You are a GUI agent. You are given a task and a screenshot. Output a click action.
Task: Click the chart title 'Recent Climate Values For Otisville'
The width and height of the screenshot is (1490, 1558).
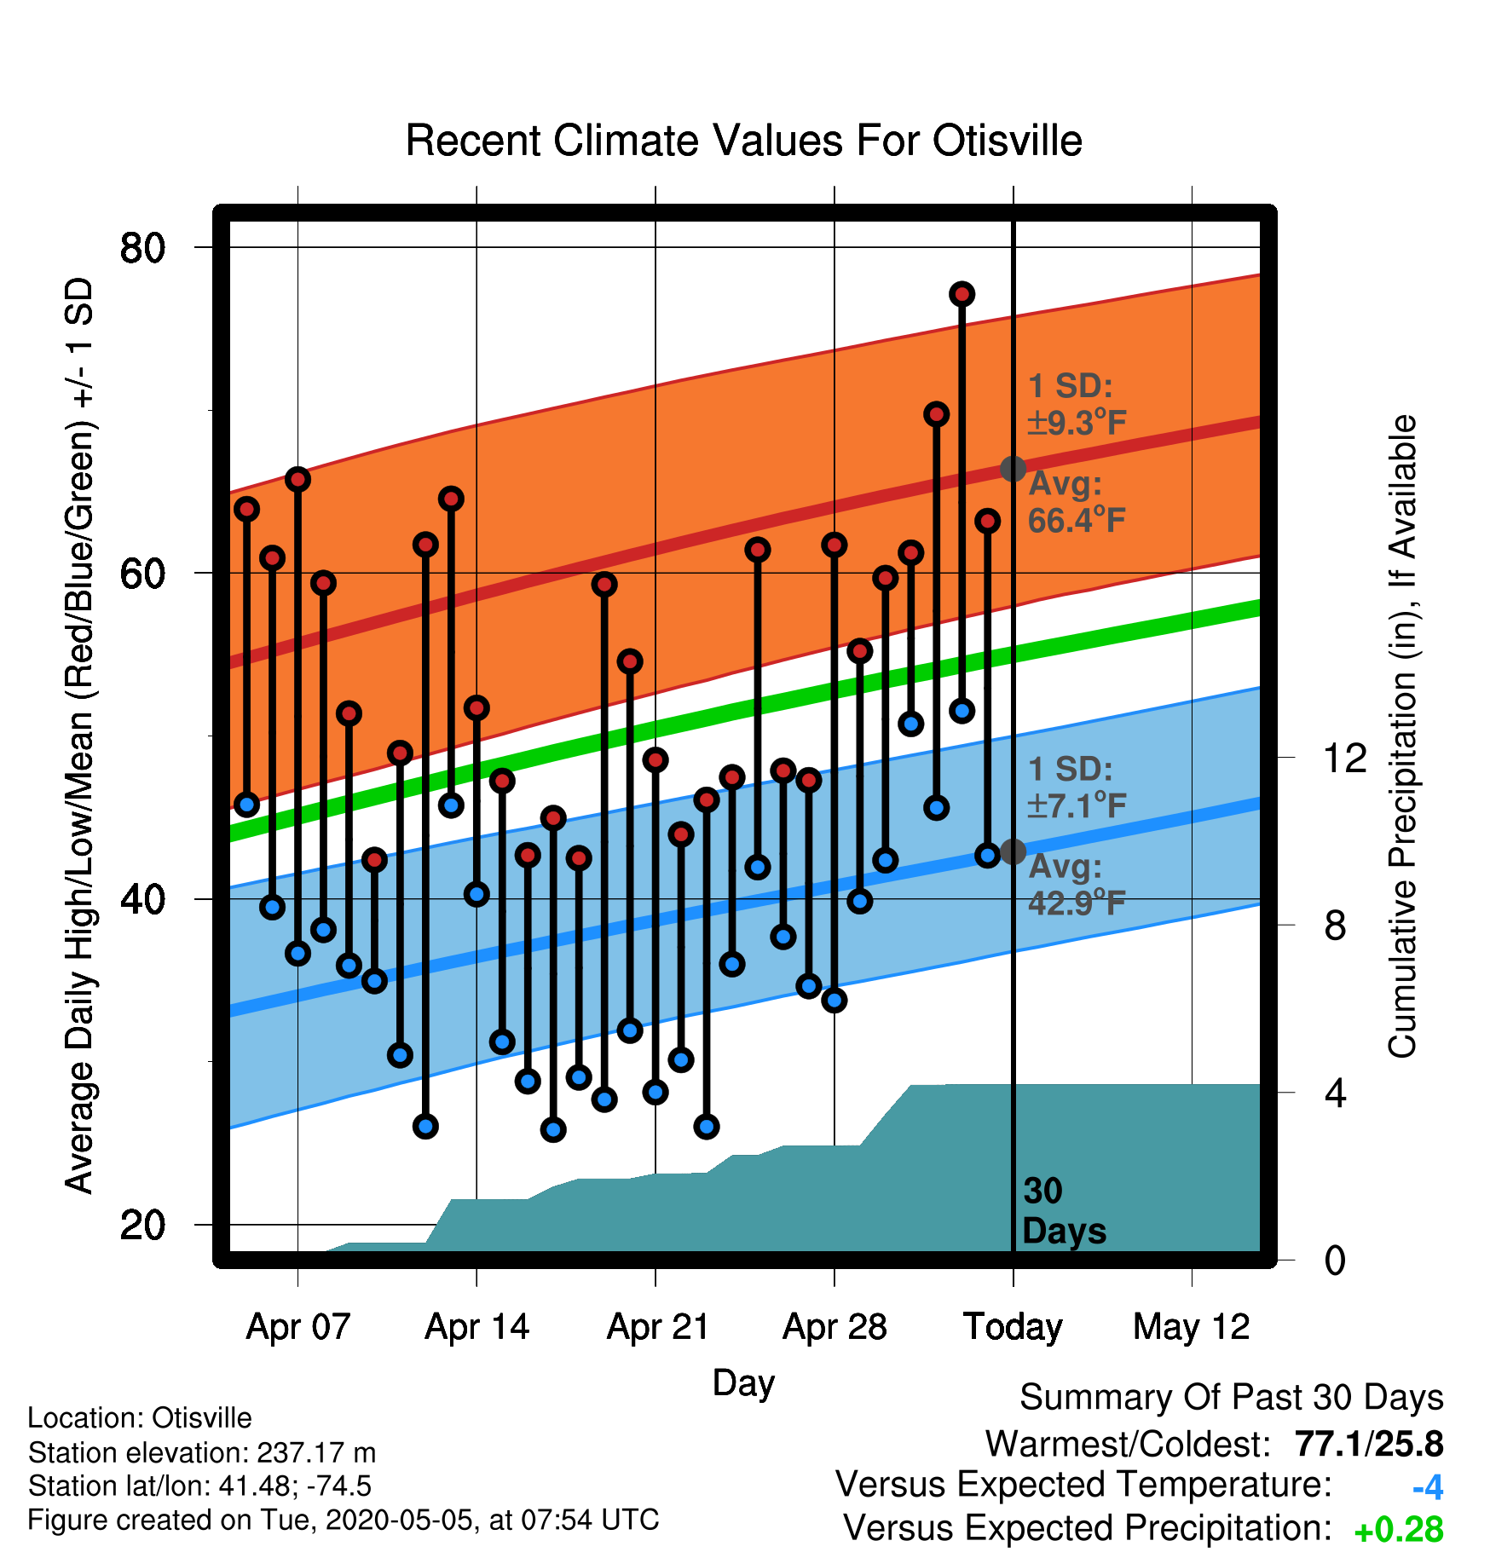[743, 141]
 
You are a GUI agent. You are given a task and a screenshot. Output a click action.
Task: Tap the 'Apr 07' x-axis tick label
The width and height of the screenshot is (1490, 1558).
[298, 1326]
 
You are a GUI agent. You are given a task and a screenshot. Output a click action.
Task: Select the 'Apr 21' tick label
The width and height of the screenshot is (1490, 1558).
[658, 1326]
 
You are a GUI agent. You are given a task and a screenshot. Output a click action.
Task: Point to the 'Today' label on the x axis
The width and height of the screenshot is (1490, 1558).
[1013, 1326]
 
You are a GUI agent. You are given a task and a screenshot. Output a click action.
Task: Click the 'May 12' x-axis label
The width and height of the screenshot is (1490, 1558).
[1192, 1326]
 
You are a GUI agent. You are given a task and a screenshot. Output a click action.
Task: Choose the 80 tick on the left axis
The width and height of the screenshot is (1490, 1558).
[143, 248]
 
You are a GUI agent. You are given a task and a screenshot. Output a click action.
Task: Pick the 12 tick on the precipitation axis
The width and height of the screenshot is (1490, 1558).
[1345, 757]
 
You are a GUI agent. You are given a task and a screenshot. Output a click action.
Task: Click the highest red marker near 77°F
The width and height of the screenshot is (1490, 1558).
[962, 294]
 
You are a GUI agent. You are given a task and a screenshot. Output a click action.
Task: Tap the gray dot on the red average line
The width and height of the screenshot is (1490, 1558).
[1013, 469]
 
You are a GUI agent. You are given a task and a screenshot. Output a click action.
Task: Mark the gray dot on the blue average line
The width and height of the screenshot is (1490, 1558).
[1013, 851]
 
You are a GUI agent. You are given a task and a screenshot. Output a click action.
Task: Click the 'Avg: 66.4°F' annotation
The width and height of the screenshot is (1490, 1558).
[1077, 502]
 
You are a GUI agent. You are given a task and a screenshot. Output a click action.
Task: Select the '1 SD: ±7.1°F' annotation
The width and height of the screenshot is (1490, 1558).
[1077, 787]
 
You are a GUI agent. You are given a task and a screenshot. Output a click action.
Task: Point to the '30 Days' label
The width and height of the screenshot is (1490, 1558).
[1064, 1211]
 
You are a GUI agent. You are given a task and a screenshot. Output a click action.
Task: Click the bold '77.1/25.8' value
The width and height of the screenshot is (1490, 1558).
[1369, 1444]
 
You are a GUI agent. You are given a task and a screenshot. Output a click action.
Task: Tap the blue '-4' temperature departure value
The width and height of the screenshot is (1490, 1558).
[1428, 1487]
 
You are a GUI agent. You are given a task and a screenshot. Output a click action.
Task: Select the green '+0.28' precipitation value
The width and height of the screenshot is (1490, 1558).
[1399, 1530]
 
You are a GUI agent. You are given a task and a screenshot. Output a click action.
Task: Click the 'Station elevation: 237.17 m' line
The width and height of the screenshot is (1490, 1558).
[202, 1451]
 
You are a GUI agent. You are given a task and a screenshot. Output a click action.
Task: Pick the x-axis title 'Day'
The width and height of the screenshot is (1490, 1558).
[743, 1383]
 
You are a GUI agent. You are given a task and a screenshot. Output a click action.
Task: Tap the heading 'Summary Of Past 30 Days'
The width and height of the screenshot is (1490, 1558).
[1232, 1398]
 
